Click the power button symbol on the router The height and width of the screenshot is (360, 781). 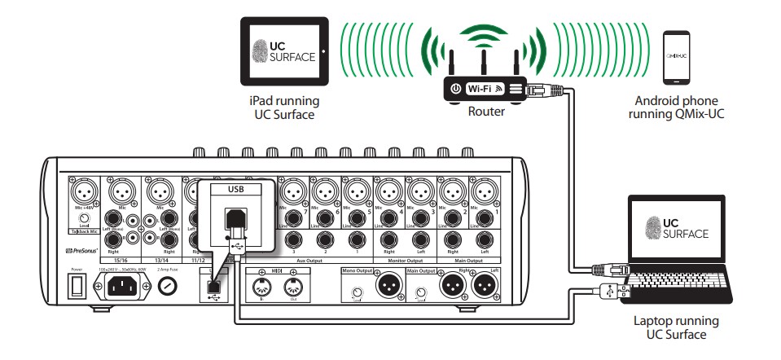tap(456, 88)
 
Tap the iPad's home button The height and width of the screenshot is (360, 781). tap(322, 50)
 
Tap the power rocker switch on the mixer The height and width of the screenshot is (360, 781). tap(77, 285)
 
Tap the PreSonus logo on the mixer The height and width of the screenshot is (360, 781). tap(85, 252)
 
